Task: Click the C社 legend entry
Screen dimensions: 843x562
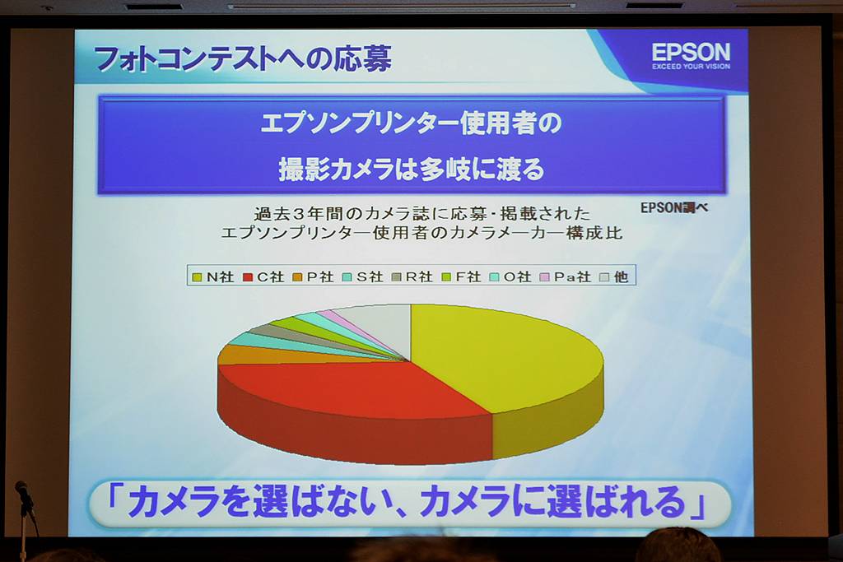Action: pyautogui.click(x=263, y=276)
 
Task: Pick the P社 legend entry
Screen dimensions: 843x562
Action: pyautogui.click(x=314, y=276)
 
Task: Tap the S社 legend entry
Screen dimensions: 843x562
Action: pyautogui.click(x=363, y=276)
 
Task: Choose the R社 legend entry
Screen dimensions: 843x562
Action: pyautogui.click(x=412, y=276)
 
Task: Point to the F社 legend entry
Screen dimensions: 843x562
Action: pyautogui.click(x=462, y=276)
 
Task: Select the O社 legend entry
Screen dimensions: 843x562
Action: pyautogui.click(x=510, y=276)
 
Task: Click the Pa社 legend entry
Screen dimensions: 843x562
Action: pyautogui.click(x=566, y=276)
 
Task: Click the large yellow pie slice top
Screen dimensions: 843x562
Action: pyautogui.click(x=500, y=355)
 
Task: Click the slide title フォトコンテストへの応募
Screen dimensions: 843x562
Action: pyautogui.click(x=243, y=59)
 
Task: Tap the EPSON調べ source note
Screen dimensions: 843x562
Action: pyautogui.click(x=674, y=208)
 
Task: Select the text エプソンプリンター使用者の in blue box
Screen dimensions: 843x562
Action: pyautogui.click(x=412, y=123)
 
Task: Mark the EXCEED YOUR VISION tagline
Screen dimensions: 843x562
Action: pyautogui.click(x=691, y=67)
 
